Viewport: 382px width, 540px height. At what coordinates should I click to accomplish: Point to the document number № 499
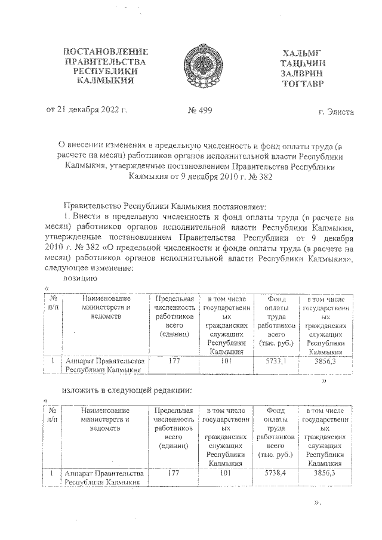(x=199, y=110)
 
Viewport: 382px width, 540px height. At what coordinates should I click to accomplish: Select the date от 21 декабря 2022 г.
(x=88, y=110)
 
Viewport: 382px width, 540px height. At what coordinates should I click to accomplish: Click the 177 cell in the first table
(x=174, y=361)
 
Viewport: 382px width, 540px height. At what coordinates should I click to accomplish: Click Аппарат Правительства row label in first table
(x=104, y=365)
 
